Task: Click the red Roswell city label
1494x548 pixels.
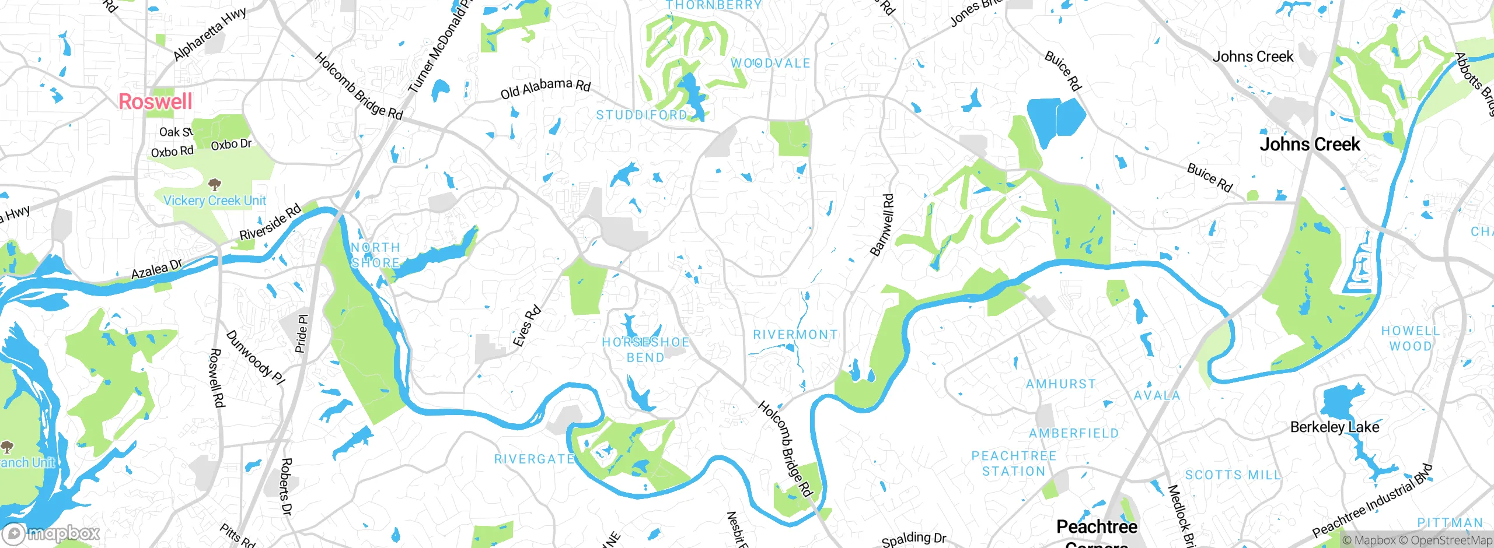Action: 155,101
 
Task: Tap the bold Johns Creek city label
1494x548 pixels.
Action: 1310,144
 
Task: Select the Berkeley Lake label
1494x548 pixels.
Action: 1335,427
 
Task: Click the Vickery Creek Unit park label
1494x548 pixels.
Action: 214,201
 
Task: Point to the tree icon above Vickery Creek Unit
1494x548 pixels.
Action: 215,185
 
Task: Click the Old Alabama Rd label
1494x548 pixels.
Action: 546,88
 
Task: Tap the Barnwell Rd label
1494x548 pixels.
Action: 882,225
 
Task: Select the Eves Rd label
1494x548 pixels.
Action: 527,326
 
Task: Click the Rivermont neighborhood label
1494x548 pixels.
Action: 795,335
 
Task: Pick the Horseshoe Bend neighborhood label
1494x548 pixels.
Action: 645,350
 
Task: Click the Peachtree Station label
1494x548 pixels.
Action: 1014,463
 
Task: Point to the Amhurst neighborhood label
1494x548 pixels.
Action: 1061,384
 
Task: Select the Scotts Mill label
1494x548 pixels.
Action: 1233,475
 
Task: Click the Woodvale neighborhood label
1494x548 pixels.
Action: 770,63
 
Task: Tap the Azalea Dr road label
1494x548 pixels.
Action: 156,270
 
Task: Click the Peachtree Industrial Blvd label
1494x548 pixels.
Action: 1372,501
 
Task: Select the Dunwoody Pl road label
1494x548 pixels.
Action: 255,357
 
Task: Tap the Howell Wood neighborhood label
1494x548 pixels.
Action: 1410,338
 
